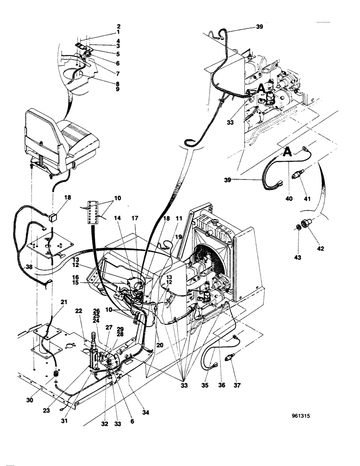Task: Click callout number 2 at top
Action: (118, 27)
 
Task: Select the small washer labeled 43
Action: (297, 227)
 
